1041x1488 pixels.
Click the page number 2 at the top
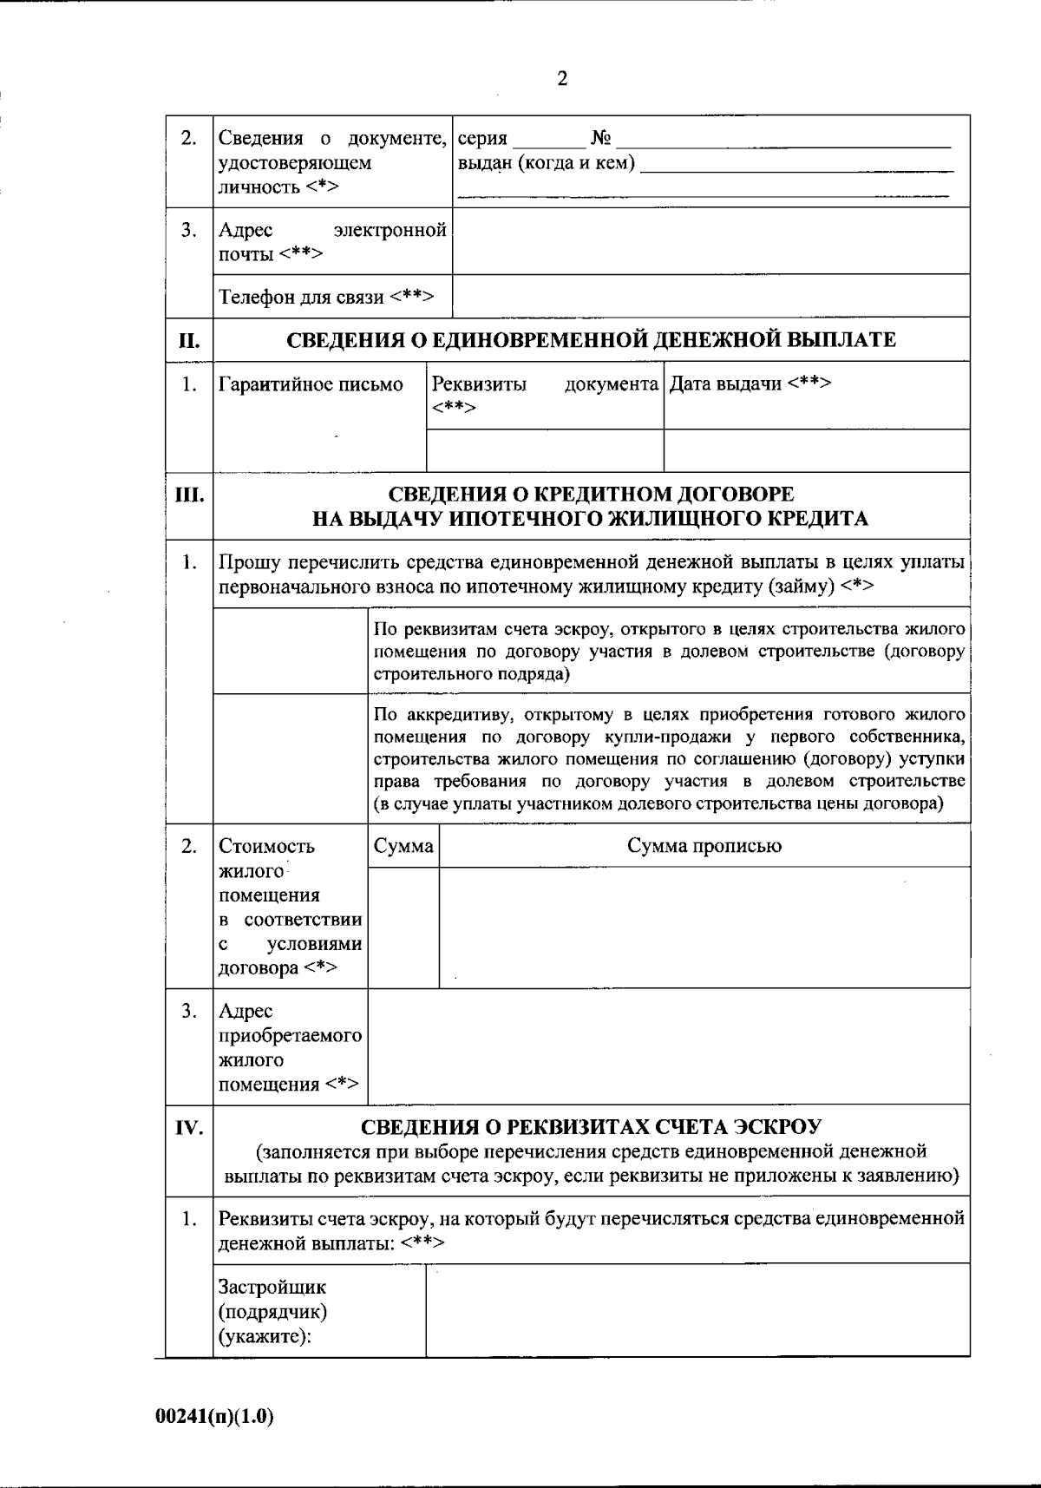[562, 80]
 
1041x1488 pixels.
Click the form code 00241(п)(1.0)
[214, 1417]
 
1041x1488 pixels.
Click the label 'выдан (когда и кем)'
[546, 163]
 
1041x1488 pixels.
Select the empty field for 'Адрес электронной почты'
[710, 241]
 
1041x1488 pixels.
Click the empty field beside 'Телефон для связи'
[710, 296]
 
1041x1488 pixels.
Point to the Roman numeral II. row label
[189, 340]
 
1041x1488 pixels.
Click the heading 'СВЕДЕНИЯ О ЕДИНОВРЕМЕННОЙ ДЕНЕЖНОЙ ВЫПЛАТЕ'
[591, 340]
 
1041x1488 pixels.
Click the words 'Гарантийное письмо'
[311, 384]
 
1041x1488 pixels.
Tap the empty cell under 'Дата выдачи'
[816, 450]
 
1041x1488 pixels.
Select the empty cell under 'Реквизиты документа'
[545, 450]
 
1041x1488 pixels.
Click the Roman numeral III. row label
[189, 496]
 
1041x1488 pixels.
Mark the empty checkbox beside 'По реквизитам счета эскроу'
[291, 651]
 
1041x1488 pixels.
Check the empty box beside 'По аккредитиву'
[291, 758]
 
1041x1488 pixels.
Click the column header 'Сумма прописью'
[704, 846]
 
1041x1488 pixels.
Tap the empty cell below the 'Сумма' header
[403, 927]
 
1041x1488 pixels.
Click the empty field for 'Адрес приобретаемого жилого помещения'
[668, 1046]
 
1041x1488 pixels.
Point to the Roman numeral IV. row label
[189, 1128]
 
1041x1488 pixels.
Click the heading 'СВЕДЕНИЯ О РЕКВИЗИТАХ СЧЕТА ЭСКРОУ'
[591, 1127]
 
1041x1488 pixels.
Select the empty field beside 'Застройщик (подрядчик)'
[697, 1309]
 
